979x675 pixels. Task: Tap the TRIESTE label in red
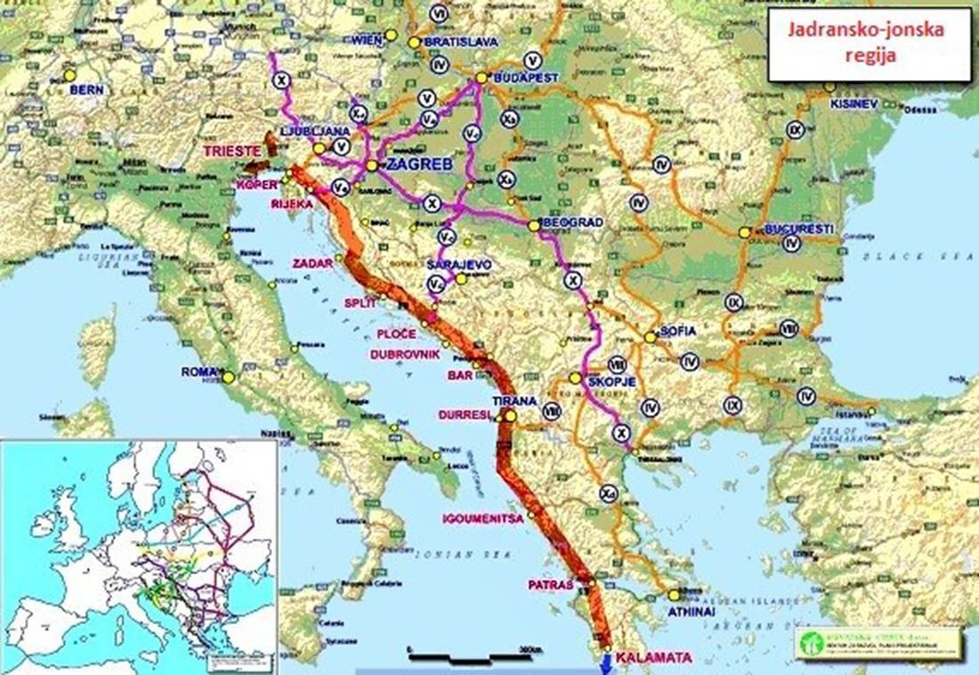click(x=232, y=151)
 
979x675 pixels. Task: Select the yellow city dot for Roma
click(x=229, y=377)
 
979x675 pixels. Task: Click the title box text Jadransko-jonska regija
click(x=869, y=44)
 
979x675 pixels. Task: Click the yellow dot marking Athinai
click(x=674, y=596)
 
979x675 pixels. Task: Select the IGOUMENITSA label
click(x=486, y=518)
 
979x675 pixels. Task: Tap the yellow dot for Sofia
click(x=651, y=337)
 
